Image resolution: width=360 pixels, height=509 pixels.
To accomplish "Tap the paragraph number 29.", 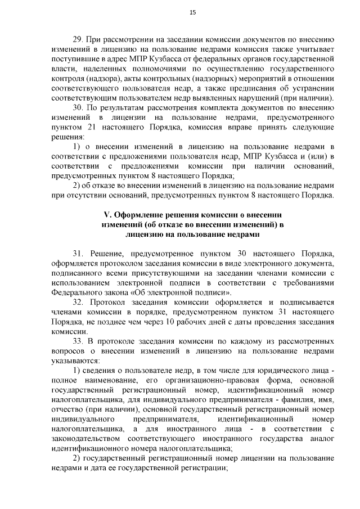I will point(79,40).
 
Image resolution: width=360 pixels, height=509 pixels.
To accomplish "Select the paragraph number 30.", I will point(79,107).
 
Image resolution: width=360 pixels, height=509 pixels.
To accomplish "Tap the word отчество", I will point(67,409).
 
